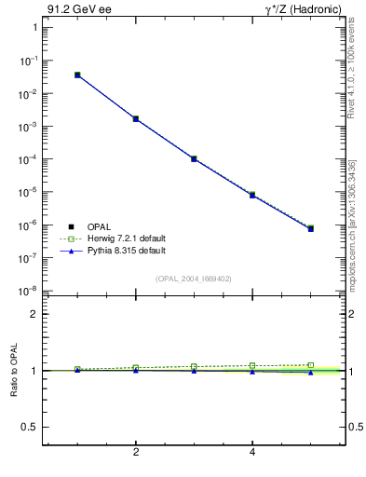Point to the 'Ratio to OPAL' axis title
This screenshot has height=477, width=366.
14,371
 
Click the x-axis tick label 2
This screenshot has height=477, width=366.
136,453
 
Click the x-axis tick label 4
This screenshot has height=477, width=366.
252,453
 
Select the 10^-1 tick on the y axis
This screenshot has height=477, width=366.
30,61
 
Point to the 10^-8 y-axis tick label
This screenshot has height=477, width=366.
30,291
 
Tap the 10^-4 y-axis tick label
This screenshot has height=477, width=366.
30,159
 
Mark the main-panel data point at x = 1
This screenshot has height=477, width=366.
77,75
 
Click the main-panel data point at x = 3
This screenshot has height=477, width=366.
194,159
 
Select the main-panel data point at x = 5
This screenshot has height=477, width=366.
311,228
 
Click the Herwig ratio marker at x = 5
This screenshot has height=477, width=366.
311,365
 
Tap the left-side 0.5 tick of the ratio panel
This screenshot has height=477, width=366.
32,427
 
